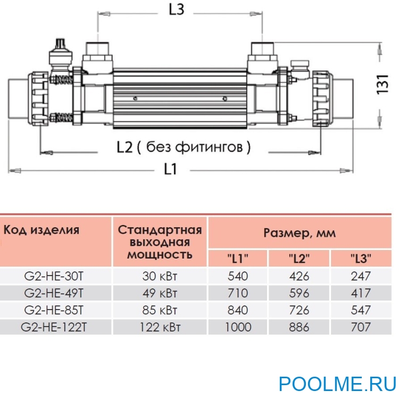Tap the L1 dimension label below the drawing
[170, 170]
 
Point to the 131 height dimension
[384, 86]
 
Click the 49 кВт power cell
[160, 293]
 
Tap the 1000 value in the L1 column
[237, 327]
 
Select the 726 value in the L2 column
[300, 310]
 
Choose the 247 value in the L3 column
[361, 276]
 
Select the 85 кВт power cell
[160, 310]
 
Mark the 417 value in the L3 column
[361, 293]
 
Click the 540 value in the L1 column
[237, 276]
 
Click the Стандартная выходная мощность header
[160, 242]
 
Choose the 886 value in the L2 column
[300, 327]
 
